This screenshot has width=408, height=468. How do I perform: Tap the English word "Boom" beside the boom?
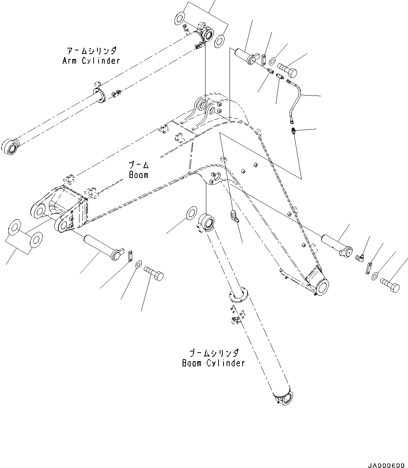[138, 175]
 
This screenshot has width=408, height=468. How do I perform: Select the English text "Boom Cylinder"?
[213, 363]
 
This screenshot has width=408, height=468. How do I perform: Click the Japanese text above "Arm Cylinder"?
[92, 51]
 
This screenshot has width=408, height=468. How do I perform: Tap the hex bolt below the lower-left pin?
[154, 274]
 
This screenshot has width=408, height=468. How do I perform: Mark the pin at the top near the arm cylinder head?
[246, 56]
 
